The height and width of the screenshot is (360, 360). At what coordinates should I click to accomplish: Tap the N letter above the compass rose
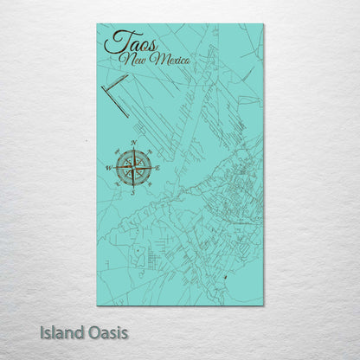[x=134, y=141]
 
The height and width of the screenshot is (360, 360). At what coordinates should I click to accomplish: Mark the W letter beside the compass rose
[x=109, y=167]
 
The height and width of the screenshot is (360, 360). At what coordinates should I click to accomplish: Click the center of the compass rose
[x=134, y=166]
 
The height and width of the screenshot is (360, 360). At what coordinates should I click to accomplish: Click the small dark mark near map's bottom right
[x=225, y=276]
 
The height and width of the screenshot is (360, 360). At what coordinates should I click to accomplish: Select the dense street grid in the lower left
[x=152, y=259]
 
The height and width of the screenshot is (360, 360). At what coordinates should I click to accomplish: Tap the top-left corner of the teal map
[x=98, y=24]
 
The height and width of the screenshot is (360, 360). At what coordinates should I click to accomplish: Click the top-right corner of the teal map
[x=263, y=24]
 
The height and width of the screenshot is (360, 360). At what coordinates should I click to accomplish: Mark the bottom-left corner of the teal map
[x=98, y=305]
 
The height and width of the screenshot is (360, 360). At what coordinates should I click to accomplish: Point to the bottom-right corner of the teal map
[x=263, y=305]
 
